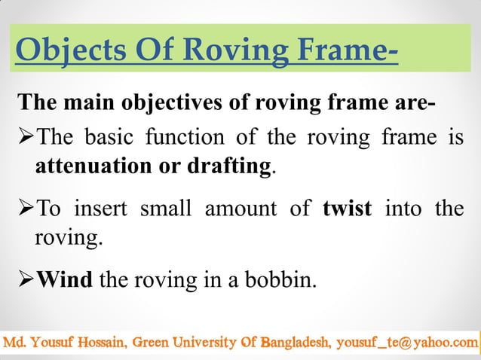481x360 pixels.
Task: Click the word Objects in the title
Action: (60, 50)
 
